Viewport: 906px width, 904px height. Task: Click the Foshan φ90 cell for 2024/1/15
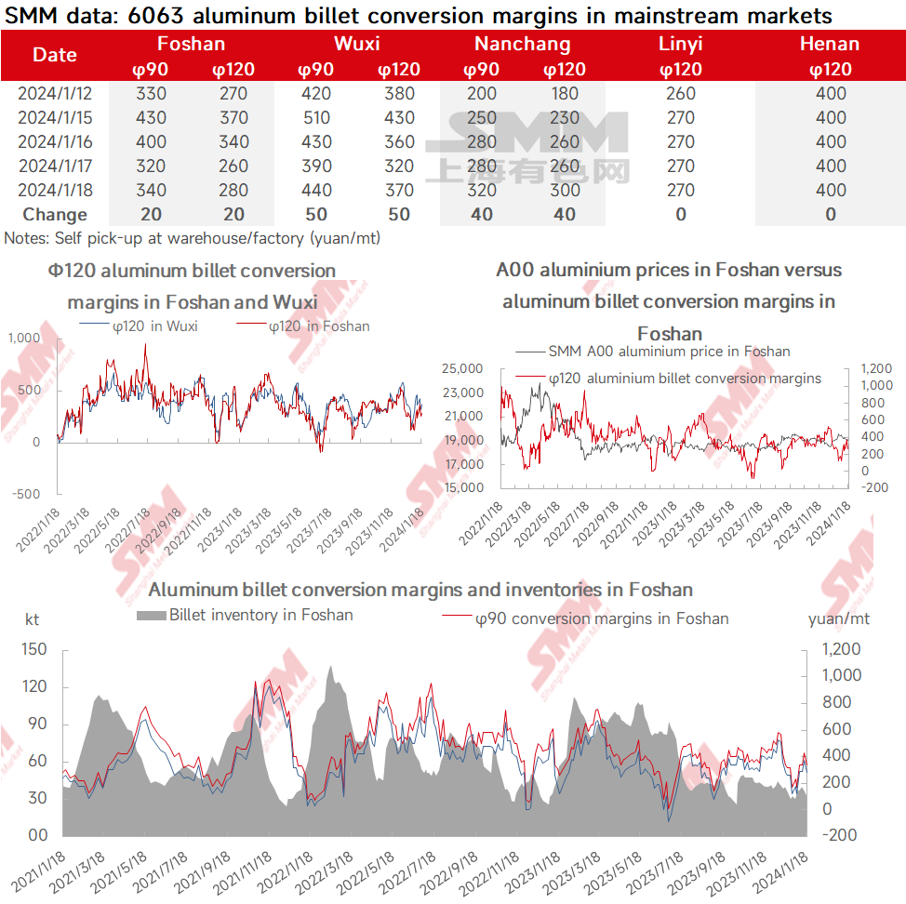(151, 117)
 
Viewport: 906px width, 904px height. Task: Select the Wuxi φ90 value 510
(316, 117)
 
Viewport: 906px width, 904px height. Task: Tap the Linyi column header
(680, 44)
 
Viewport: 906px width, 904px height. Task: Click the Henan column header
(830, 44)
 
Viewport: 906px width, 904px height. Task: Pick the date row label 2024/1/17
(55, 166)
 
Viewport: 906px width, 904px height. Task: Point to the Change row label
(55, 214)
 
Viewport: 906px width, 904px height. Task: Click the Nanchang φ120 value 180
(564, 93)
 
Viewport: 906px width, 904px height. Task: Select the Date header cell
(55, 55)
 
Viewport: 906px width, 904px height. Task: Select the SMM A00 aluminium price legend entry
(669, 351)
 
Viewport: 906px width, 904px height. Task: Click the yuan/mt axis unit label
(838, 618)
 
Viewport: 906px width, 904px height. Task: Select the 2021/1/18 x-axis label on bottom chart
(42, 865)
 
